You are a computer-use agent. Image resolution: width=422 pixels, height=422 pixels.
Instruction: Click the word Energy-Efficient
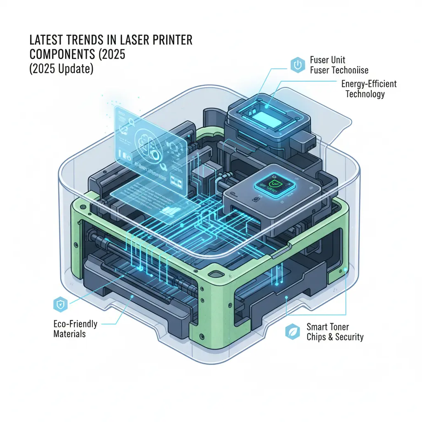(x=369, y=84)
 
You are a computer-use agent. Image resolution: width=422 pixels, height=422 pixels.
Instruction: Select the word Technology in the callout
(x=365, y=94)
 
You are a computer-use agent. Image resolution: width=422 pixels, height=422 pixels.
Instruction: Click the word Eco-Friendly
(x=75, y=324)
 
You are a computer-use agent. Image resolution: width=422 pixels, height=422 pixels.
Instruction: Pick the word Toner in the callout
(x=340, y=327)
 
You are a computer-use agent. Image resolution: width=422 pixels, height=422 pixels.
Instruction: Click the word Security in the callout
(x=350, y=337)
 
